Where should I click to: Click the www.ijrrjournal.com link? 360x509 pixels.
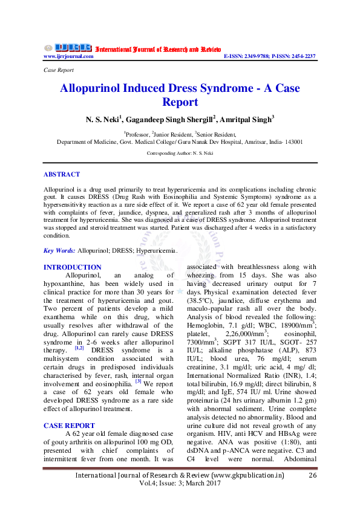[68, 56]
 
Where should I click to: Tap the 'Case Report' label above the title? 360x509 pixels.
[59, 70]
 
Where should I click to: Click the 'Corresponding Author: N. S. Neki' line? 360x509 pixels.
[180, 154]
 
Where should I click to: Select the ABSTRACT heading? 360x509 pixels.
[62, 174]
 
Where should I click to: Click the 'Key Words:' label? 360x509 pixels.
[59, 250]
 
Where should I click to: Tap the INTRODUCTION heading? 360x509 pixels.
[73, 267]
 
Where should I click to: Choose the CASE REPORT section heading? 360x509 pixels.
[69, 426]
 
